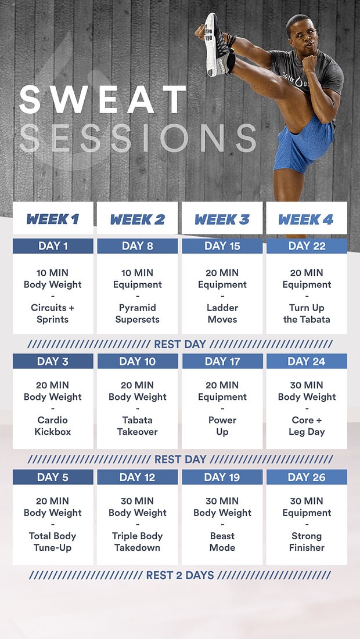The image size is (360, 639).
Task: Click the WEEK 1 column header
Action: click(x=53, y=219)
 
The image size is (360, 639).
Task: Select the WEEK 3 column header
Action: click(x=222, y=219)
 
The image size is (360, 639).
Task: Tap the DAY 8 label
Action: click(x=138, y=246)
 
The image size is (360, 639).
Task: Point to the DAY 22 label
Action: click(x=307, y=246)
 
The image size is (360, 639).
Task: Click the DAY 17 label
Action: click(x=222, y=362)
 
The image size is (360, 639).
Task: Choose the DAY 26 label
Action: click(x=307, y=477)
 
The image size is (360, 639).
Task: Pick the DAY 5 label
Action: click(x=53, y=477)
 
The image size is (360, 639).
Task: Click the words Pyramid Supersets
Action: click(x=138, y=313)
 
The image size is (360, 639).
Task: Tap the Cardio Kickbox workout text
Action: click(x=53, y=426)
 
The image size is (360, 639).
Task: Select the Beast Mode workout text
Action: click(x=222, y=541)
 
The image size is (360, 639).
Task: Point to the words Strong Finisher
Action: click(x=307, y=541)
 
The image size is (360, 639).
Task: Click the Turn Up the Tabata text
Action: click(x=307, y=313)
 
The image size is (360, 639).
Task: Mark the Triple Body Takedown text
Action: click(x=138, y=541)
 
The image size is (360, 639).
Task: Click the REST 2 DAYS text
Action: click(x=180, y=576)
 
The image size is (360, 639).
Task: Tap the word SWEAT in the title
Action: click(x=103, y=100)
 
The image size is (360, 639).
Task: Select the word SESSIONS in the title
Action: click(x=138, y=138)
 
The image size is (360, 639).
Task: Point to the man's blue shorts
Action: click(x=302, y=148)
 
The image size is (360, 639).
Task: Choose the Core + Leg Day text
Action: click(x=307, y=426)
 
